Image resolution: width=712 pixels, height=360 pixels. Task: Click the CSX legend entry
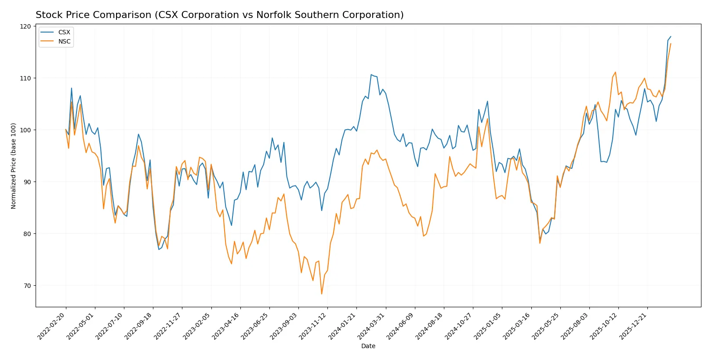64,32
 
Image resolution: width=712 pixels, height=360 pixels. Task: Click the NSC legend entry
64,41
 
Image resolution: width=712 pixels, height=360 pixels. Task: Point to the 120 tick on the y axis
26,26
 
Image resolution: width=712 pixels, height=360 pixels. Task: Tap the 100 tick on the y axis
26,130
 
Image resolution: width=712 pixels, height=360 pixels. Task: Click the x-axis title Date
368,346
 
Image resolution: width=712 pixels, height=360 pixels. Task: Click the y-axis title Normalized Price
14,166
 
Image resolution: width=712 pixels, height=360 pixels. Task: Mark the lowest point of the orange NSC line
322,294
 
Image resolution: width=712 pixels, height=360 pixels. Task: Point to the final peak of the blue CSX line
671,36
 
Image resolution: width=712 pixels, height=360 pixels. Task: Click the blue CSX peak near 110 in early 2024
371,75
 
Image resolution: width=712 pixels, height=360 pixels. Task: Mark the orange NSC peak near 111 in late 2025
615,72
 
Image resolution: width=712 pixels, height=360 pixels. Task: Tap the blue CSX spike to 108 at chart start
72,88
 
